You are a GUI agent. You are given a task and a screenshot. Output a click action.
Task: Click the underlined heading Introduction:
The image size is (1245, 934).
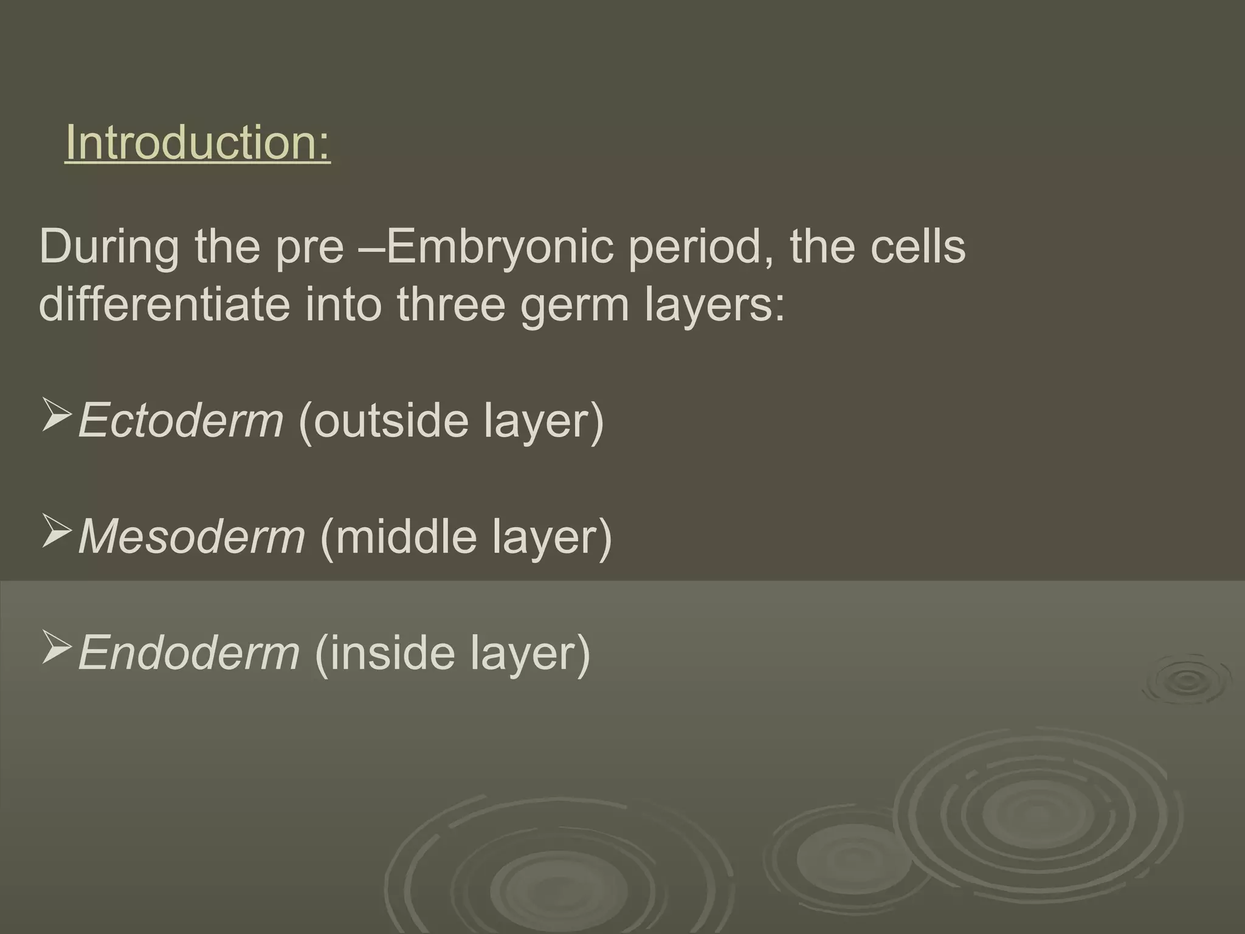coord(198,143)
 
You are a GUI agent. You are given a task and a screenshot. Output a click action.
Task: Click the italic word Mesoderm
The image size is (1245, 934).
coord(191,536)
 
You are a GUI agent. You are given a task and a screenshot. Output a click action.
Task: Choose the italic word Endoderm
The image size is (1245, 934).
coord(189,652)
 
